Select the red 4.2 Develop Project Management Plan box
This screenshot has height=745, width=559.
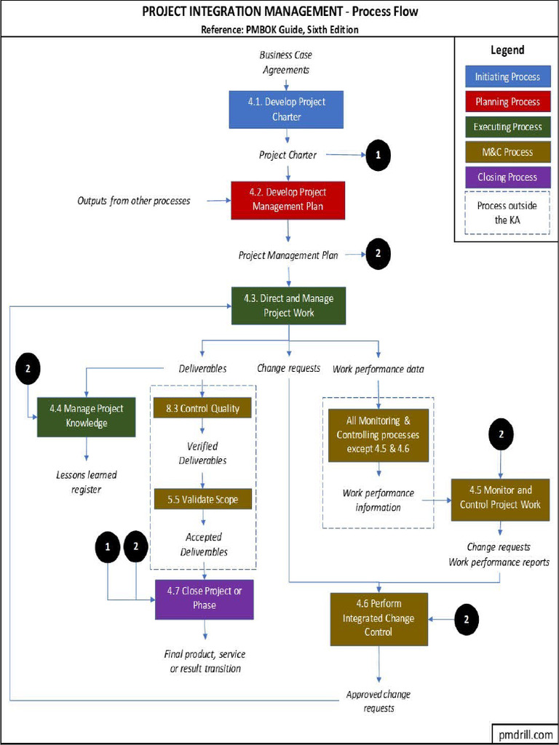click(x=288, y=199)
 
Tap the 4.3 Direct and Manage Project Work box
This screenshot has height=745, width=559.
click(x=288, y=306)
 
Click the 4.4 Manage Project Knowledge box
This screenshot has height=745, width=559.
click(x=86, y=416)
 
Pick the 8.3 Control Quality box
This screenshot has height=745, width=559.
click(x=202, y=408)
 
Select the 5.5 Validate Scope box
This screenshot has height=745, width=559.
click(x=202, y=500)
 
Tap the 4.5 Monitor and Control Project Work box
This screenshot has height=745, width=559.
click(x=499, y=498)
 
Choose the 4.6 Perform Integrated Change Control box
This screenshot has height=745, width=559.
click(x=378, y=618)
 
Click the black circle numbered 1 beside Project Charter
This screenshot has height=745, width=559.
click(x=378, y=155)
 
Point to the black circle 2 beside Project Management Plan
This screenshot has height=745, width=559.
click(x=378, y=254)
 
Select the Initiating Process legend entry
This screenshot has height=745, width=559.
click(x=507, y=77)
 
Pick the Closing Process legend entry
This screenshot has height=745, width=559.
click(x=507, y=177)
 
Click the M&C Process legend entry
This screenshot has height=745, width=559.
click(x=507, y=152)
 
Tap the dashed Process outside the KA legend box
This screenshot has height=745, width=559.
click(x=507, y=212)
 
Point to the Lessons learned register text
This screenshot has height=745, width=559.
click(x=87, y=482)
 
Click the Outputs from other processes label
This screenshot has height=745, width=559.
click(x=134, y=200)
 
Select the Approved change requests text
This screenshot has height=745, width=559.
click(x=378, y=701)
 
